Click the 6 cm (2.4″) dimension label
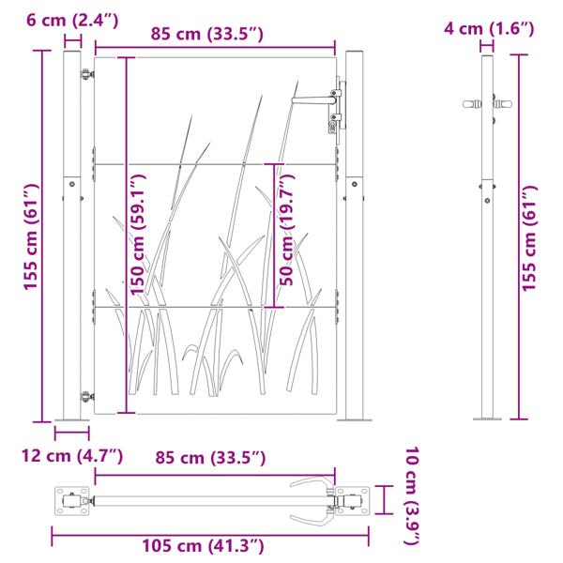point(72,20)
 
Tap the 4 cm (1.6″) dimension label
point(489,28)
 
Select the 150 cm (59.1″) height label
point(138,235)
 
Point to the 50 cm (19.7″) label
point(286,230)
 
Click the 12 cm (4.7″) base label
point(72,456)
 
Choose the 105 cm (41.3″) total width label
point(204,546)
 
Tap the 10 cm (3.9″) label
point(412,495)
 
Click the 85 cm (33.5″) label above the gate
point(206,34)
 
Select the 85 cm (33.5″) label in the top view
point(210,458)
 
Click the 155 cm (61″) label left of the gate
point(31,236)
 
